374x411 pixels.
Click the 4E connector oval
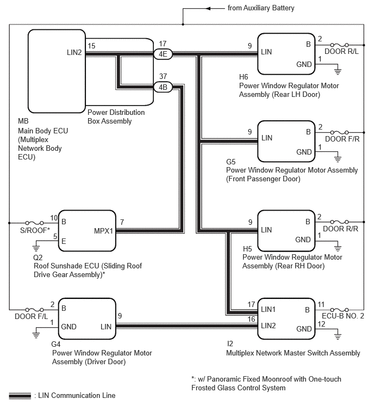[x=163, y=54]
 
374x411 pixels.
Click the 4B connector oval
[x=163, y=87]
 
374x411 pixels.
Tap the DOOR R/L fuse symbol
[x=339, y=45]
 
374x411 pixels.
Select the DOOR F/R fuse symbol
[x=339, y=133]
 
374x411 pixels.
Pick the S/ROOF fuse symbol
[x=35, y=223]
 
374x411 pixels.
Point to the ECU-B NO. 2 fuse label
[x=343, y=316]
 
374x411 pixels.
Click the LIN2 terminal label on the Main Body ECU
[x=74, y=52]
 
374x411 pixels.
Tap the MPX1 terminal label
[x=103, y=231]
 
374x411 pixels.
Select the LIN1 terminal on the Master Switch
[x=268, y=309]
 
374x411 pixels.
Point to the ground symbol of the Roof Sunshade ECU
[x=36, y=248]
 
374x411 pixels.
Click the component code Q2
[x=38, y=257]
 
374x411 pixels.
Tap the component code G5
[x=231, y=162]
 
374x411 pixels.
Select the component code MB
[x=23, y=121]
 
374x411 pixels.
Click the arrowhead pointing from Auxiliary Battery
[x=208, y=9]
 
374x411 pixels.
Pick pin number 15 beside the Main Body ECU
[x=91, y=46]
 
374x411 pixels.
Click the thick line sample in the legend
[x=20, y=396]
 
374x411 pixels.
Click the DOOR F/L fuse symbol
[x=35, y=310]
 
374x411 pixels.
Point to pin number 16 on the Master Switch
[x=251, y=319]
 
